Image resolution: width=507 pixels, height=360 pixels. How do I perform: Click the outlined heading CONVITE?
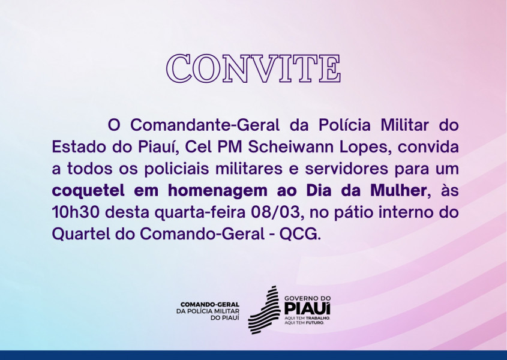[253, 69]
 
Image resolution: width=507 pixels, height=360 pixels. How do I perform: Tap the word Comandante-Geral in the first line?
[205, 125]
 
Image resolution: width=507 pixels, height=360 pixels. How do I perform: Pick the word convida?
[428, 147]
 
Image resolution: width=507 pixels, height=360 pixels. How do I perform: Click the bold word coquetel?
[88, 191]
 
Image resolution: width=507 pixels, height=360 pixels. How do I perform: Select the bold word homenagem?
[218, 191]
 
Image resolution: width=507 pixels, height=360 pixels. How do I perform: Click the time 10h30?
[76, 212]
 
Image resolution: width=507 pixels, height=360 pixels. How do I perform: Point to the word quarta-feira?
[200, 213]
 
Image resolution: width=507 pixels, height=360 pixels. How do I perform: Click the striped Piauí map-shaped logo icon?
[264, 310]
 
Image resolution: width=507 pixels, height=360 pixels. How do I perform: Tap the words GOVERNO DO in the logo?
[307, 298]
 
